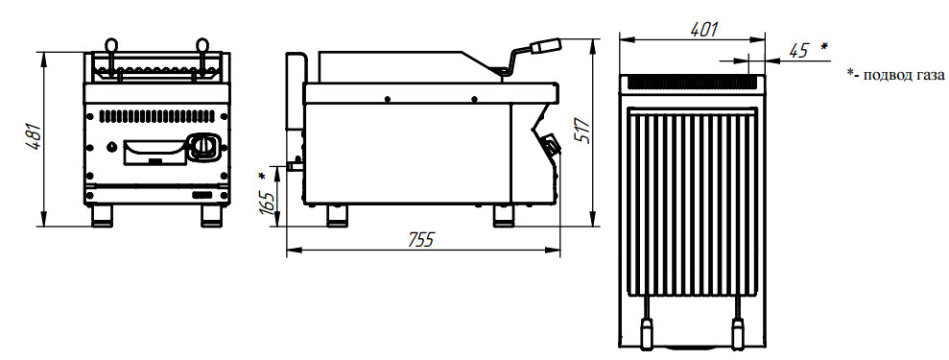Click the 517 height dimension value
[x=582, y=129]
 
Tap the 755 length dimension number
[x=420, y=240]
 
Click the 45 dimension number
[x=799, y=51]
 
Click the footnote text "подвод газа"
[x=904, y=75]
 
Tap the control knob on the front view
[x=202, y=147]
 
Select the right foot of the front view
[x=212, y=215]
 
